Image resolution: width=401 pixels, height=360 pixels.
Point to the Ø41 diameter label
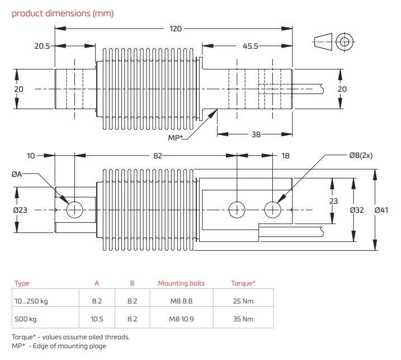pyautogui.click(x=383, y=210)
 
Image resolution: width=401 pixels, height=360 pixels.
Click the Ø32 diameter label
pyautogui.click(x=358, y=210)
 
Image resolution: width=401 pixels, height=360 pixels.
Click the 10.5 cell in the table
pyautogui.click(x=97, y=319)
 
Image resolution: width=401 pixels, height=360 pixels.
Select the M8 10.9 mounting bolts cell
pyautogui.click(x=181, y=319)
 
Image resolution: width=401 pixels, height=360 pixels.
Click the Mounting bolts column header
pyautogui.click(x=181, y=283)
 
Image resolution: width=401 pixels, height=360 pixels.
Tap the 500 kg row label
pyautogui.click(x=26, y=319)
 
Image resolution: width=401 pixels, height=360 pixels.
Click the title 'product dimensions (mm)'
pyautogui.click(x=63, y=13)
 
